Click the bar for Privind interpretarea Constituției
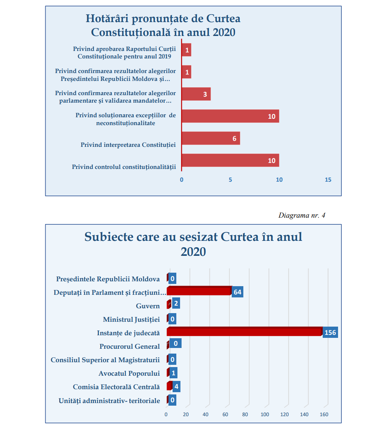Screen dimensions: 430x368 tap(210, 138)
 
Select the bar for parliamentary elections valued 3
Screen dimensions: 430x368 tap(196, 94)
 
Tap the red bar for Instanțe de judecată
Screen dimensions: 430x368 tap(244, 331)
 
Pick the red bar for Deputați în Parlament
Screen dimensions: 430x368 tap(199, 291)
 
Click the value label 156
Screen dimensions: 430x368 tap(330, 332)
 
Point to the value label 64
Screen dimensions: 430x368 tap(237, 292)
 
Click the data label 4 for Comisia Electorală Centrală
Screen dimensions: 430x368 tap(176, 387)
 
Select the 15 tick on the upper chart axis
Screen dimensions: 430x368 tap(328, 180)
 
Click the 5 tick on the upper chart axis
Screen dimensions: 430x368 tap(231, 180)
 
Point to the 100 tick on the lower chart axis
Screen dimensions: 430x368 tap(265, 414)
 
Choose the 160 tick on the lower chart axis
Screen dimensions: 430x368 tap(324, 414)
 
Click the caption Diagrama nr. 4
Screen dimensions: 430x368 tap(302, 215)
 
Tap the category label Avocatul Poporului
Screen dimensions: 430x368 tap(129, 373)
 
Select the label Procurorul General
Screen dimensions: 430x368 tap(130, 346)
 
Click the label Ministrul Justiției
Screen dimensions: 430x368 tap(131, 320)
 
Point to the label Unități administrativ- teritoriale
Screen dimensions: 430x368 tap(109, 401)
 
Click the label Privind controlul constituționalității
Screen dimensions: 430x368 tap(124, 167)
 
